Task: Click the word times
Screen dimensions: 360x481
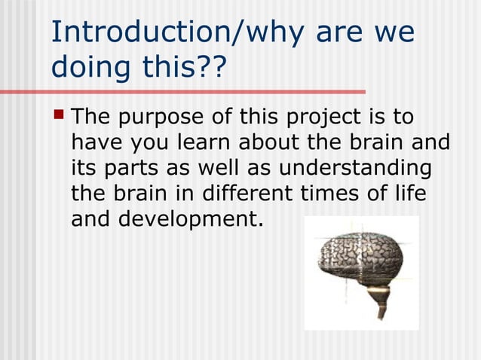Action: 335,193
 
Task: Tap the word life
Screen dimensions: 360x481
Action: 409,193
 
